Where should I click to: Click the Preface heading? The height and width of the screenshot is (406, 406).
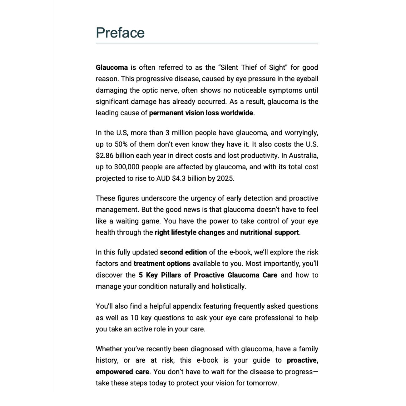tap(120, 33)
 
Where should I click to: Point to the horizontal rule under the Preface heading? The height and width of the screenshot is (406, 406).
tap(207, 43)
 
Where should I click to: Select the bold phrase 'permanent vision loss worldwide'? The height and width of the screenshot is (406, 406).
tap(201, 113)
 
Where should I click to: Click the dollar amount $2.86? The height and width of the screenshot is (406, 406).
tap(105, 156)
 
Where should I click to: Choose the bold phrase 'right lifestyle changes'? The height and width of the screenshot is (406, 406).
tap(190, 232)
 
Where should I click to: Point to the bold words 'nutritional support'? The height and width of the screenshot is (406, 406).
tap(269, 232)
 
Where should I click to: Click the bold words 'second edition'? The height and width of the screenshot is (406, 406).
tap(183, 252)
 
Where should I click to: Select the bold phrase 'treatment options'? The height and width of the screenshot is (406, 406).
tap(162, 264)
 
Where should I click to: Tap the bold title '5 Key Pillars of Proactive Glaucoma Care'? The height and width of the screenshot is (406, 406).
tap(208, 275)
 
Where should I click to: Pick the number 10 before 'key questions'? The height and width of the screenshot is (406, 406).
tap(134, 318)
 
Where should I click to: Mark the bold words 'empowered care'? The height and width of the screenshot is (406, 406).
tap(122, 372)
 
